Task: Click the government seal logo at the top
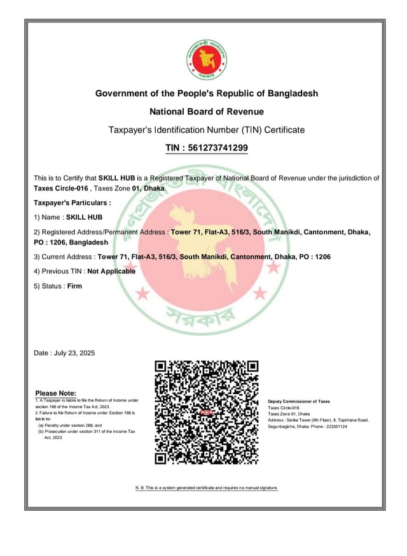click(207, 59)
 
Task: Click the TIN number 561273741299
click(216, 148)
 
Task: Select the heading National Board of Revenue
click(207, 111)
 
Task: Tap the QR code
click(207, 412)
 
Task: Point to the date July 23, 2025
click(75, 353)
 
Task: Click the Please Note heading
click(56, 393)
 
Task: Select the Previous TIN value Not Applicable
click(111, 271)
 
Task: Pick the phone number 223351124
click(352, 426)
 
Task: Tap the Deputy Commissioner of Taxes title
click(299, 401)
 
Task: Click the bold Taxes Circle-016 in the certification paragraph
click(60, 189)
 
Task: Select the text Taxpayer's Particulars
click(72, 203)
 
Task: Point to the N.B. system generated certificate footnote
click(207, 487)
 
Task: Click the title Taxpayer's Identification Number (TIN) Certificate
click(207, 130)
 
